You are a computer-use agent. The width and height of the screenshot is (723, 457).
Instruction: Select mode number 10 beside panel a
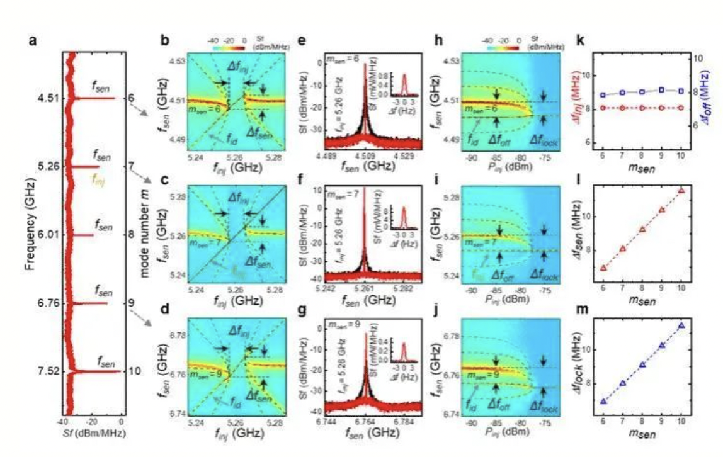point(134,371)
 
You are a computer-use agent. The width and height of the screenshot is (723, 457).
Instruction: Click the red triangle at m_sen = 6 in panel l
point(603,268)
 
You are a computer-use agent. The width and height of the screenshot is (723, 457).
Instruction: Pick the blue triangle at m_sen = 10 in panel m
point(681,325)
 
